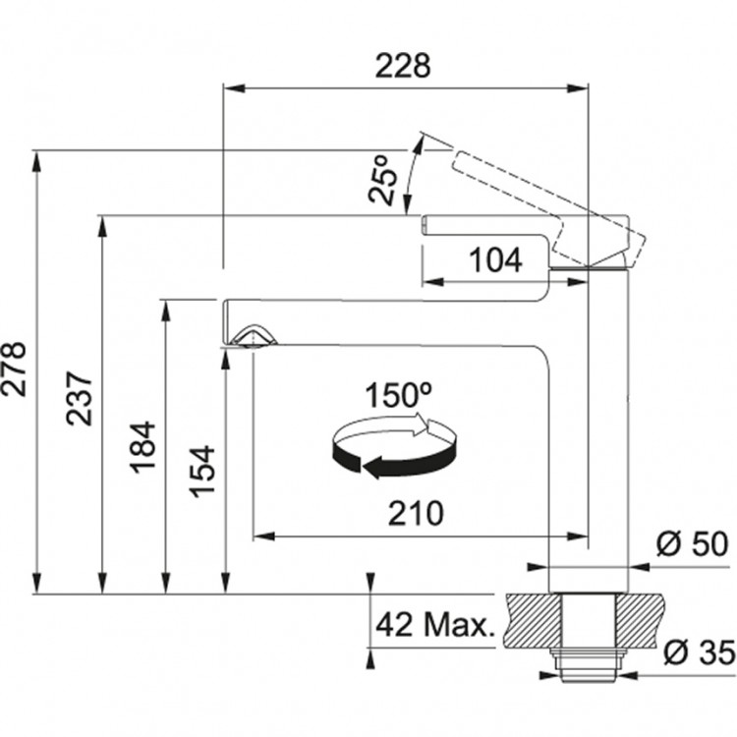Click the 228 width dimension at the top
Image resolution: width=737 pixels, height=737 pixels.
click(403, 66)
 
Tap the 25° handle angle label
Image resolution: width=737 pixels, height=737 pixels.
click(382, 180)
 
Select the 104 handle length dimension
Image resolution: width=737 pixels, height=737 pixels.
click(496, 259)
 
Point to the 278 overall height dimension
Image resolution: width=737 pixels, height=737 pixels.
click(14, 369)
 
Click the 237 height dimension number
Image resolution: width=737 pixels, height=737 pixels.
click(79, 399)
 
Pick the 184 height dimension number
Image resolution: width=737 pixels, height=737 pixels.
click(142, 447)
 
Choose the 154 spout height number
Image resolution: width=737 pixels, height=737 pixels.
click(201, 471)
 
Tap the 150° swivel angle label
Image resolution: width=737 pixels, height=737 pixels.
click(399, 395)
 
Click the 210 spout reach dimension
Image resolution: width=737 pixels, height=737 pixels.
click(416, 513)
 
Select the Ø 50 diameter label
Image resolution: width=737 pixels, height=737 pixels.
click(693, 543)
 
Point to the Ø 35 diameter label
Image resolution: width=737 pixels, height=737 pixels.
click(700, 652)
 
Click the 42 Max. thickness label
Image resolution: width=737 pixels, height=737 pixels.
click(435, 625)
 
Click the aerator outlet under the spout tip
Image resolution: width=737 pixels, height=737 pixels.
click(254, 336)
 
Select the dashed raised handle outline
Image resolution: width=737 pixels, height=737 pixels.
click(548, 207)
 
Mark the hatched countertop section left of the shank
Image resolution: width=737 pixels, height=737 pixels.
click(533, 620)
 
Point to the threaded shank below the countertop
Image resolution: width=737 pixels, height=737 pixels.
click(590, 665)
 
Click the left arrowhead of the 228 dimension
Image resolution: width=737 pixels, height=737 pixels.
click(235, 88)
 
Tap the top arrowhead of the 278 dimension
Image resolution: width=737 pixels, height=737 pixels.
click(36, 162)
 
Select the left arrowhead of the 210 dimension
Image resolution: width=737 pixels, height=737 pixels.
click(264, 537)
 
